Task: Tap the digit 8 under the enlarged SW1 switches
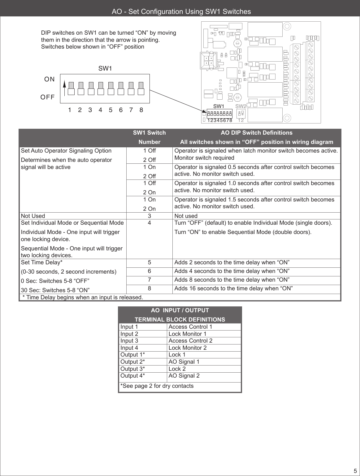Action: (141, 110)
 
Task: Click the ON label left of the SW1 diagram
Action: (50, 79)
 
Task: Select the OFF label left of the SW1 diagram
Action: (48, 97)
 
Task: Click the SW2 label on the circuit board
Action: (241, 106)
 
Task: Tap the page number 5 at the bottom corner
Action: (355, 471)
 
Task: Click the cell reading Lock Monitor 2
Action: (187, 348)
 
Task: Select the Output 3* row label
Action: (132, 369)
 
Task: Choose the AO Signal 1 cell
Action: (184, 361)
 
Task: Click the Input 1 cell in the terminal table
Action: (129, 327)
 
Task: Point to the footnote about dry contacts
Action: (157, 386)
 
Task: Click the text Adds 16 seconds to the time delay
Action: (233, 288)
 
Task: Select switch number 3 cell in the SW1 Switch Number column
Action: (150, 216)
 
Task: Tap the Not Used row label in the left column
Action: (33, 216)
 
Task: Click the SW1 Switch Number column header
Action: (150, 137)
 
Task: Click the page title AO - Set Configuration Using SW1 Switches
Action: (181, 12)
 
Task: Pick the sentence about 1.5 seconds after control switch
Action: (254, 203)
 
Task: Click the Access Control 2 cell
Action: (190, 340)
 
